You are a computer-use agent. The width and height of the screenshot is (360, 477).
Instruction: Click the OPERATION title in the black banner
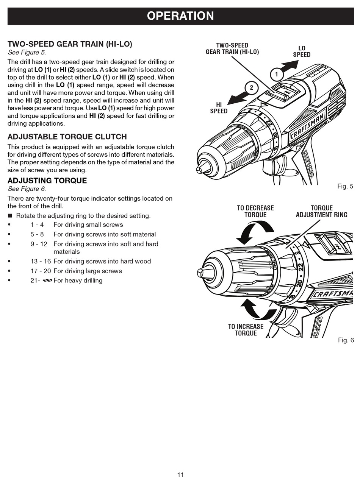pyautogui.click(x=180, y=16)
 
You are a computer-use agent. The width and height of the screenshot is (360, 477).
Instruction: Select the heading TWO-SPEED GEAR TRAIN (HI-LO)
pyautogui.click(x=70, y=44)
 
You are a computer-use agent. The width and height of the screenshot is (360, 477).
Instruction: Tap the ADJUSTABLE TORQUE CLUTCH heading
pyautogui.click(x=67, y=137)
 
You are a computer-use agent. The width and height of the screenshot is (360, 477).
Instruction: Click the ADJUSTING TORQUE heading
pyautogui.click(x=47, y=181)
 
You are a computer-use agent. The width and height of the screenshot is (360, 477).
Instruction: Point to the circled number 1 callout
pyautogui.click(x=277, y=74)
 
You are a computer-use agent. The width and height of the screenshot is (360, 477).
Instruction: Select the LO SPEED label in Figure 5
pyautogui.click(x=302, y=51)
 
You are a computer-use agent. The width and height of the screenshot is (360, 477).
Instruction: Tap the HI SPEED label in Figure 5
pyautogui.click(x=219, y=108)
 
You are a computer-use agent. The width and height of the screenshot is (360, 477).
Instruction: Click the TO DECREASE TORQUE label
pyautogui.click(x=255, y=211)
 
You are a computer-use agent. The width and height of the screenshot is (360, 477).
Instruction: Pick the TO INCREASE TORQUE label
pyautogui.click(x=246, y=330)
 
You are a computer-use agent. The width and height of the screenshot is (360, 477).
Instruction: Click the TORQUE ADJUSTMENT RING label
pyautogui.click(x=321, y=211)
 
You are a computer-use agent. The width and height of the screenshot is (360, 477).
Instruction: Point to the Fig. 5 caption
pyautogui.click(x=345, y=186)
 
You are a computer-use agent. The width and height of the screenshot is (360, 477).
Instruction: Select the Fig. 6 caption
pyautogui.click(x=346, y=340)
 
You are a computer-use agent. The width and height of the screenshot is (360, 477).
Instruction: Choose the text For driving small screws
pyautogui.click(x=88, y=224)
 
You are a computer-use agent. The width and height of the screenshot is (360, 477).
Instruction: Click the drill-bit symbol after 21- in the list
pyautogui.click(x=47, y=281)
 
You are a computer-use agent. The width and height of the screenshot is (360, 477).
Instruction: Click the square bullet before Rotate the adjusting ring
pyautogui.click(x=10, y=216)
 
